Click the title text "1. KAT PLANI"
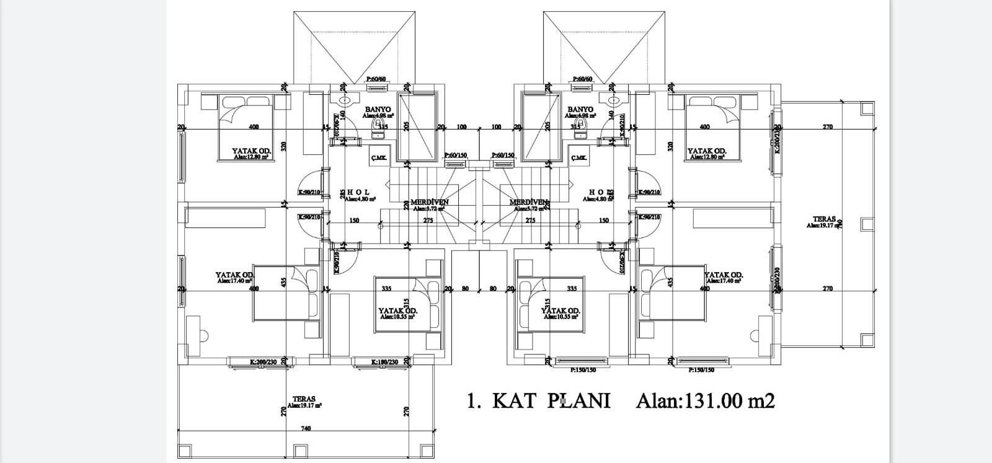pos(538,401)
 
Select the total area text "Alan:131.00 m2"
pos(706,402)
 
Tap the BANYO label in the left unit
pos(378,109)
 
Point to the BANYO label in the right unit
pos(580,109)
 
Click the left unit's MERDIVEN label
pos(429,202)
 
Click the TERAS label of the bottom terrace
pos(304,399)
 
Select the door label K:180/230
pos(384,362)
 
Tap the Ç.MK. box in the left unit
pos(378,159)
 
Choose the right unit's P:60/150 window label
pos(503,155)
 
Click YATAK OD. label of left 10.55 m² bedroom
pos(397,311)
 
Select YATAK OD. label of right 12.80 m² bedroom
pos(707,151)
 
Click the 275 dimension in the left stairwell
pos(428,221)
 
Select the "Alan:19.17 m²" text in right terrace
pos(823,226)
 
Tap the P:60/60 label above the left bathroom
pos(376,79)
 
